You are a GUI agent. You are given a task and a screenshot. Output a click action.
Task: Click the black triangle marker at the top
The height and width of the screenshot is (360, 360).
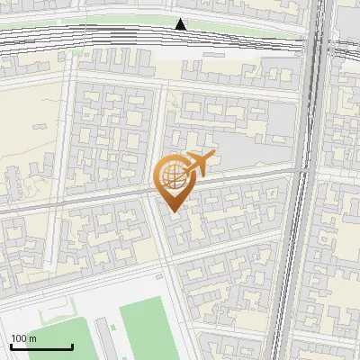[181, 24]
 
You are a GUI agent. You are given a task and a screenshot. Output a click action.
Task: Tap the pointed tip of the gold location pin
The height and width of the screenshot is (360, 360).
[174, 211]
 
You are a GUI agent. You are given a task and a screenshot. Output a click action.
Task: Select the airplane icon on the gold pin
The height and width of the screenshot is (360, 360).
[198, 165]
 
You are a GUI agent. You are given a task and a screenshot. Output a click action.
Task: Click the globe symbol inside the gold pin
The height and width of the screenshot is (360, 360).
[173, 176]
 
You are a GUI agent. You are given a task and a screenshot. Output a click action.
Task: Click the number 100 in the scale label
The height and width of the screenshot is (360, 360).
[18, 338]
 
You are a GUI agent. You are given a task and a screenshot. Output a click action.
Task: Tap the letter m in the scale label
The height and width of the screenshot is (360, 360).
[32, 338]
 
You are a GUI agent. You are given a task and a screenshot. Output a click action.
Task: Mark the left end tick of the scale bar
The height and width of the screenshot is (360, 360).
[11, 346]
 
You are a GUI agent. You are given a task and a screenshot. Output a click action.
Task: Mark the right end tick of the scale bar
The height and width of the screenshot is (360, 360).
[72, 346]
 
